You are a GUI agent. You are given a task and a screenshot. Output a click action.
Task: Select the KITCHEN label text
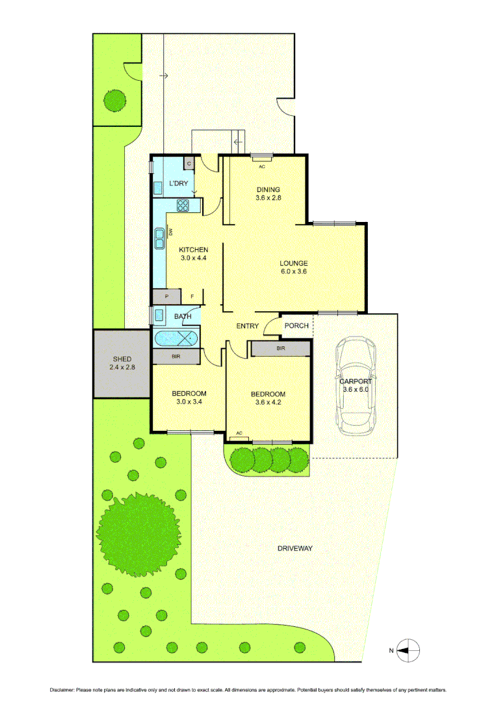pos(194,250)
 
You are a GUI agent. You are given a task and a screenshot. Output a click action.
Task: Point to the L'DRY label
pos(179,184)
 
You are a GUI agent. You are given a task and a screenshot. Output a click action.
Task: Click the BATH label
pos(183,317)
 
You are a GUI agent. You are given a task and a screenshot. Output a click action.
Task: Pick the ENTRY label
pos(248,326)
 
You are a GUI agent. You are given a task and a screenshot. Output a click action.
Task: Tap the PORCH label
pos(296,326)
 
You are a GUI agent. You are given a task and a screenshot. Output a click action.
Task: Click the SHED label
pos(122,359)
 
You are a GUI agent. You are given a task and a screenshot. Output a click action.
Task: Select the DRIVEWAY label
pos(294,549)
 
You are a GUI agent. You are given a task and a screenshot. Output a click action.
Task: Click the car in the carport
pos(355,385)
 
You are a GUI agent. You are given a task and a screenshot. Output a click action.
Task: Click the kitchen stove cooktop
pos(183,206)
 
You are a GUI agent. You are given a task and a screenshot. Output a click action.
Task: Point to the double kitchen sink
pos(159,239)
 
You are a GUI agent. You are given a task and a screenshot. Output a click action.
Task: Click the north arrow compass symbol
pos(409,649)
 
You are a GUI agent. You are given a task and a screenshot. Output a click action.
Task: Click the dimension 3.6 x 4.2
pos(268,402)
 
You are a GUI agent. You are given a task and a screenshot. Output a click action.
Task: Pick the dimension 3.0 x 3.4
pos(189,402)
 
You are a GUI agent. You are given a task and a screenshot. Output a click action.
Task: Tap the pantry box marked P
pos(166,297)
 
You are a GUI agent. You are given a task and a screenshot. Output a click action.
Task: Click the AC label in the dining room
pos(262,167)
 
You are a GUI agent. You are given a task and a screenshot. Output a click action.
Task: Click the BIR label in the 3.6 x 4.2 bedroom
pos(280,349)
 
